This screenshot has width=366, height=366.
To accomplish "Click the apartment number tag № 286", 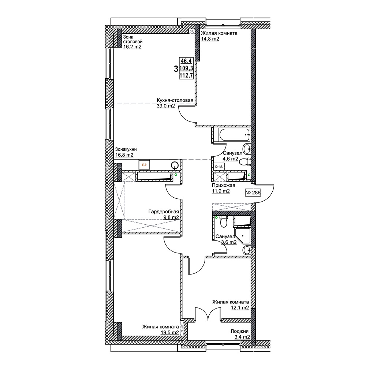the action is coord(253,193).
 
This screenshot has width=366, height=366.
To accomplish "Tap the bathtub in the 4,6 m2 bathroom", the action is coord(235,135).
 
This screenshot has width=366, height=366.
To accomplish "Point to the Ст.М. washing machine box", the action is coord(219,167).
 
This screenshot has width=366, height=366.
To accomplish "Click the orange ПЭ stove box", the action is coord(144,165).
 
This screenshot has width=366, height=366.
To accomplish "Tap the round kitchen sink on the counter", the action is coord(175,165).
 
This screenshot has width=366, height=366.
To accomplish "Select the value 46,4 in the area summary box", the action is coord(186,61).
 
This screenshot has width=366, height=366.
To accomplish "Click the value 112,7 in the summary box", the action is coord(186,75).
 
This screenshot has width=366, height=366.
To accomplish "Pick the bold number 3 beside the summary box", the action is coord(176,69).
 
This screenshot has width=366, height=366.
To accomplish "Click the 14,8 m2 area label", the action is coord(210,39).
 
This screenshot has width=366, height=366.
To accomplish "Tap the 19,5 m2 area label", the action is coord(170,332).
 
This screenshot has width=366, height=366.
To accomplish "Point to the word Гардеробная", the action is coord(164,212).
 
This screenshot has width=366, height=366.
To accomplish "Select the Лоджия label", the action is coord(239,331).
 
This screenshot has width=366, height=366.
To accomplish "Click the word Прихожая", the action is coord(223,185).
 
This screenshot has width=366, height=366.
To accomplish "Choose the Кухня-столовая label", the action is coord(175,100).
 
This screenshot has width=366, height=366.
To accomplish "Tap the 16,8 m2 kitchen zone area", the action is coord(124,155).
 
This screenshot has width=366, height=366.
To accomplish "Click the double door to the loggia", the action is coord(208,314).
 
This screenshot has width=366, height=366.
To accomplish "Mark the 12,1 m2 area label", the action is coord(240,308).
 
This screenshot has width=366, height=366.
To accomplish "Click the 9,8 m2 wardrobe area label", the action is coord(171,217).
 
